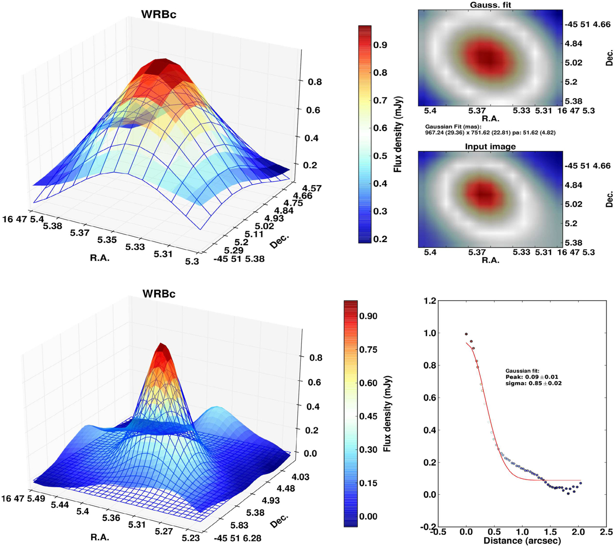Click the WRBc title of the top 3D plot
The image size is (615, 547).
pyautogui.click(x=159, y=14)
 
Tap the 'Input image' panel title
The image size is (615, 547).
pyautogui.click(x=490, y=146)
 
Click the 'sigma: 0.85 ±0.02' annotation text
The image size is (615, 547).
pyautogui.click(x=533, y=383)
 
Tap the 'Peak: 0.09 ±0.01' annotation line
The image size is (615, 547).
pyautogui.click(x=531, y=377)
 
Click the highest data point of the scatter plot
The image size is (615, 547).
pyautogui.click(x=466, y=334)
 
